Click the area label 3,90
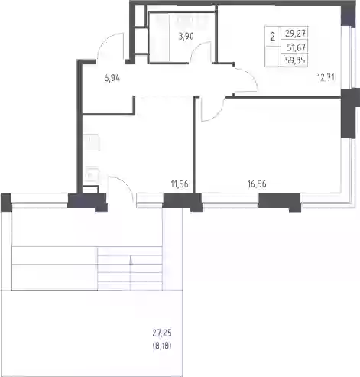(186, 37)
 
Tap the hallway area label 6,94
(112, 78)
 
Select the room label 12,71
(326, 77)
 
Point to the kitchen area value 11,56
(180, 184)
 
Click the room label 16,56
(257, 184)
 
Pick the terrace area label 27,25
(162, 333)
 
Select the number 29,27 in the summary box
(295, 34)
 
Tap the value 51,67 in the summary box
(296, 47)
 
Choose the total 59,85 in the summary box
(295, 60)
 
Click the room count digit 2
(273, 37)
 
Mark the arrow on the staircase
(131, 273)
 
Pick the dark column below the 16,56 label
(280, 201)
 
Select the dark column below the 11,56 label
(183, 201)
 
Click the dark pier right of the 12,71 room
(350, 113)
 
